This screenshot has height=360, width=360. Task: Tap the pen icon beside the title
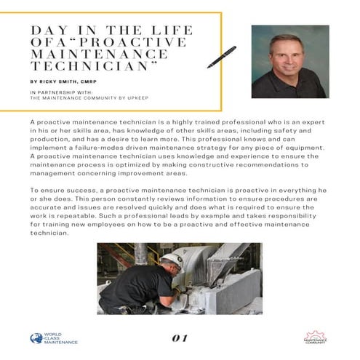pos(221,57)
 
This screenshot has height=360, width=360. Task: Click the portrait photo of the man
pos(288,62)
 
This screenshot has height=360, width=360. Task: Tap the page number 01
pos(180,337)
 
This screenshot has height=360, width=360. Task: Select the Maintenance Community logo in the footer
pos(314,338)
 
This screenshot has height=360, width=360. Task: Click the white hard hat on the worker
pos(170,260)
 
